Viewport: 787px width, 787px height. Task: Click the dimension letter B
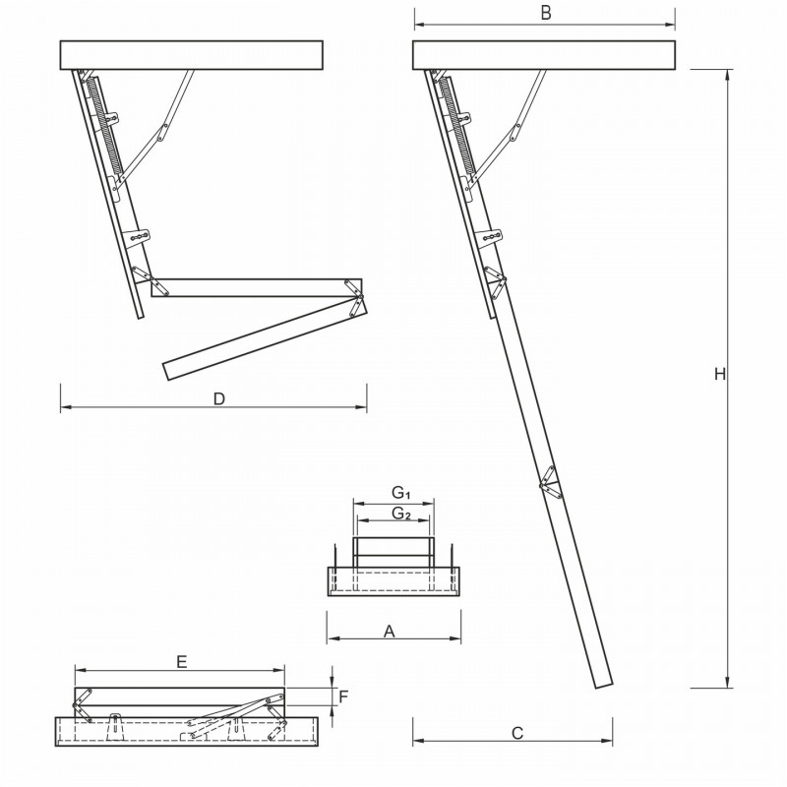coord(545,13)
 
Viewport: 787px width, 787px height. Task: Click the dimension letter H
coord(720,375)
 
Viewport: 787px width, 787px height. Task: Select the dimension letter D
coord(219,398)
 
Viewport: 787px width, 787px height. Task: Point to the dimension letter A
coord(390,632)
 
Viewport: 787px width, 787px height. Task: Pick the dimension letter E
coord(182,662)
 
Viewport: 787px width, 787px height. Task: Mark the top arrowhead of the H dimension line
coord(728,73)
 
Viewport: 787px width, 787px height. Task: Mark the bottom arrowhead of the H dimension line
coord(728,685)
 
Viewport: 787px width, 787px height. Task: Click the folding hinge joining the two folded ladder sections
coord(357,295)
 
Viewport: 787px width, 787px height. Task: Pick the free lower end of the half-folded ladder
coord(168,369)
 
